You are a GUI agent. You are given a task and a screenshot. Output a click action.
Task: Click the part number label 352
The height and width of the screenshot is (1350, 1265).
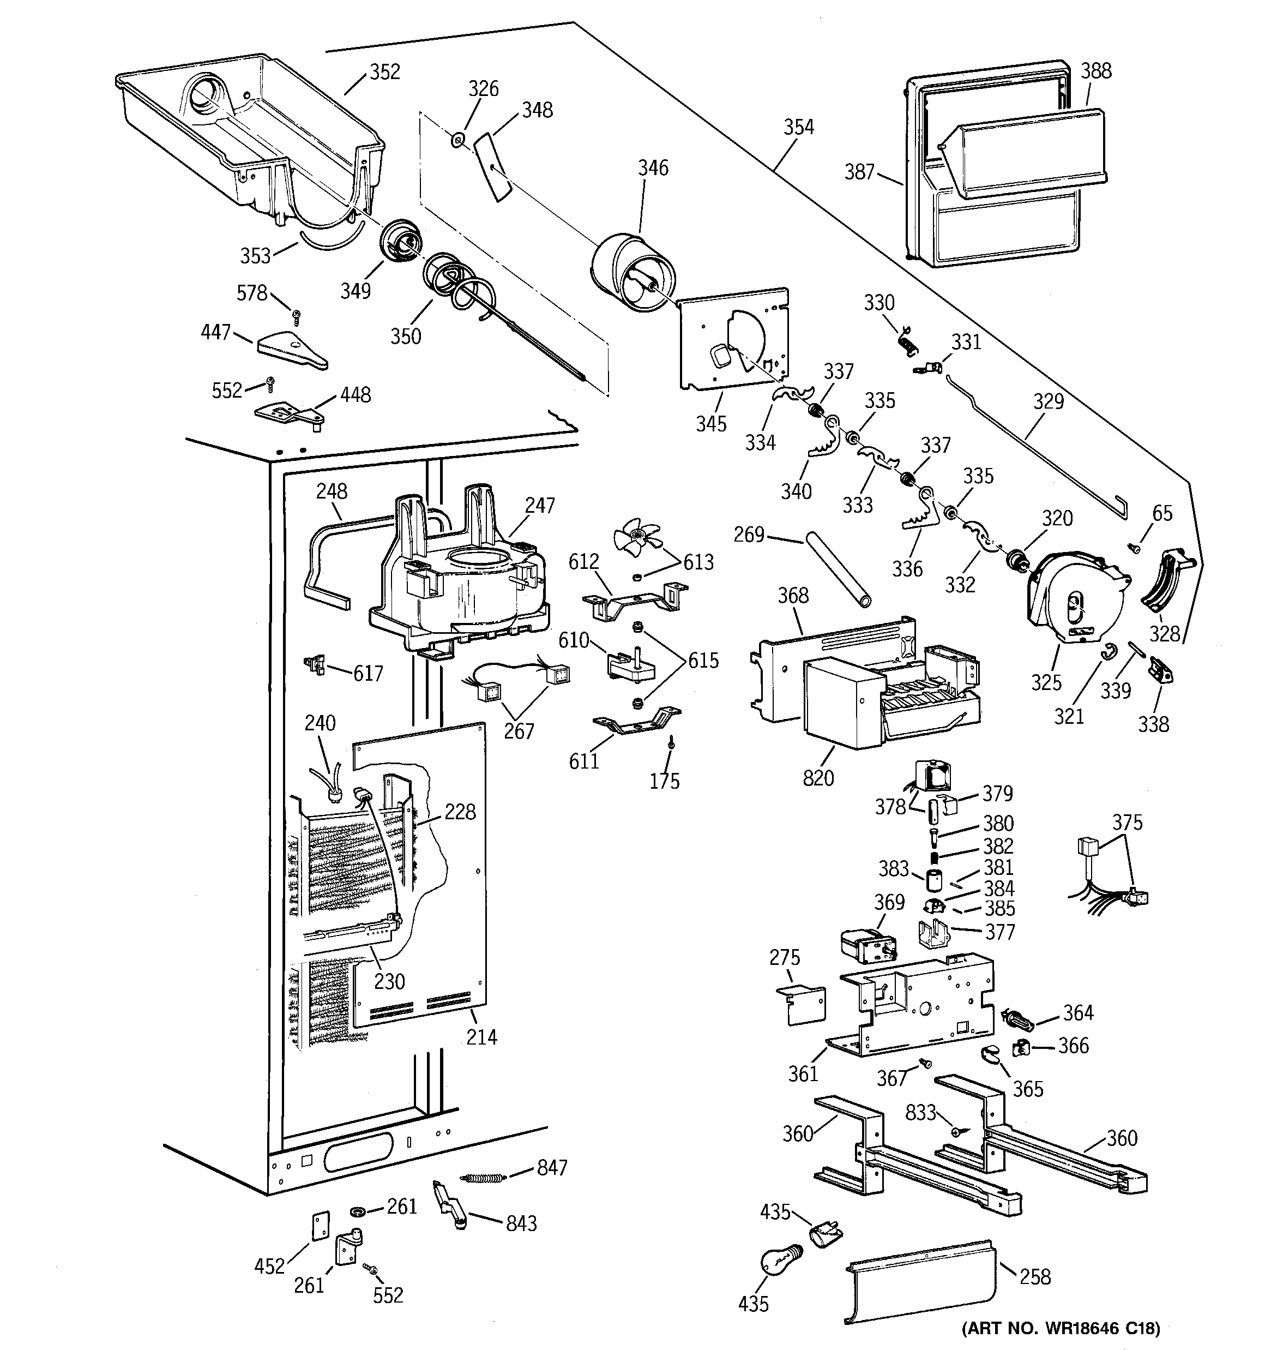pos(384,72)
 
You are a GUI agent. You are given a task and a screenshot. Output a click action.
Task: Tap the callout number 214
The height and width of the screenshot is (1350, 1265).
pos(481,1037)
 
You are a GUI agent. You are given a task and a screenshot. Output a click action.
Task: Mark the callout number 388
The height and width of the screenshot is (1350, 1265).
pos(1096,71)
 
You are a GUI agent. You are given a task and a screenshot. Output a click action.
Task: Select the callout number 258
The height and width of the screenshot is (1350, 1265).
pos(1034,1277)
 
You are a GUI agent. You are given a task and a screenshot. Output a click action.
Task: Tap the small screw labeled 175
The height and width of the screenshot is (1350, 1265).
pos(671,743)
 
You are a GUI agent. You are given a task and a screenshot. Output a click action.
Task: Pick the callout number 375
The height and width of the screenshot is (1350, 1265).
pos(1127,823)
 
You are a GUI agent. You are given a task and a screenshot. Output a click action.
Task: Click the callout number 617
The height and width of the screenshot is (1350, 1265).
pos(368,673)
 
